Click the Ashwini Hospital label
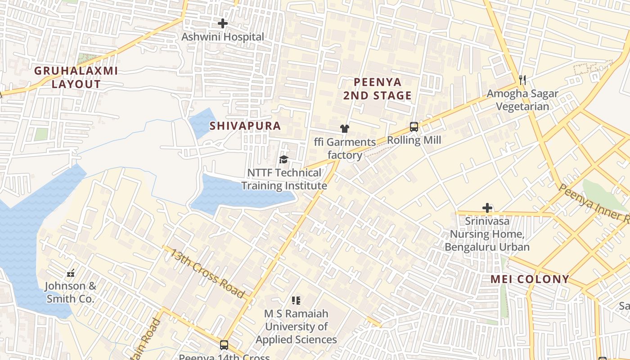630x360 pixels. coord(222,37)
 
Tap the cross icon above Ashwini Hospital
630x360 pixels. coord(222,23)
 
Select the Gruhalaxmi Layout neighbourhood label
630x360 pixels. coord(76,77)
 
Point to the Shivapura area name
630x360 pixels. coord(245,126)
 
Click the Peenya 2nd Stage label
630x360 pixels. coord(377,89)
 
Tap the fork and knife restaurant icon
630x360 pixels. coord(522,80)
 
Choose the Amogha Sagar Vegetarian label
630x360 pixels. coord(522,100)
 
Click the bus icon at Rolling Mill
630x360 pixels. coord(414,127)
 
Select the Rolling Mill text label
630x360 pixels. coord(414,140)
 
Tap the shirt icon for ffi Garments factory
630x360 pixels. coord(345,129)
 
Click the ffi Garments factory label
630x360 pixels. coord(345,148)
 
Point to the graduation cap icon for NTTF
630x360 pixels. coord(283,159)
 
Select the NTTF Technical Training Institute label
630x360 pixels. coord(284,179)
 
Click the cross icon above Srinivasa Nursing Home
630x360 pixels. coord(487,208)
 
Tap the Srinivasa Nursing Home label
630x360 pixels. coord(487,234)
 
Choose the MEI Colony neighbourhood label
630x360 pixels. coord(530,279)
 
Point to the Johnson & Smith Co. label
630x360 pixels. coord(70,292)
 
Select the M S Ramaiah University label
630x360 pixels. coord(296,326)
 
